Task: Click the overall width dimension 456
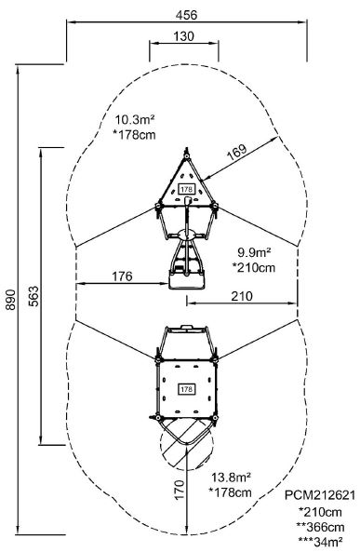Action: click(186, 15)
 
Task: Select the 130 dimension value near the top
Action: click(183, 36)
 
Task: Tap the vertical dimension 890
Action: click(10, 300)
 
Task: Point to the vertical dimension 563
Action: click(34, 296)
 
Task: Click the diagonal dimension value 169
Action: click(236, 152)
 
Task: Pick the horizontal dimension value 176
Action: click(122, 276)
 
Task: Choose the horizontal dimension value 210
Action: click(242, 296)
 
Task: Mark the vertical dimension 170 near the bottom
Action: click(180, 489)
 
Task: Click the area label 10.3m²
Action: click(135, 120)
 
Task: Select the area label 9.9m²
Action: click(255, 252)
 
